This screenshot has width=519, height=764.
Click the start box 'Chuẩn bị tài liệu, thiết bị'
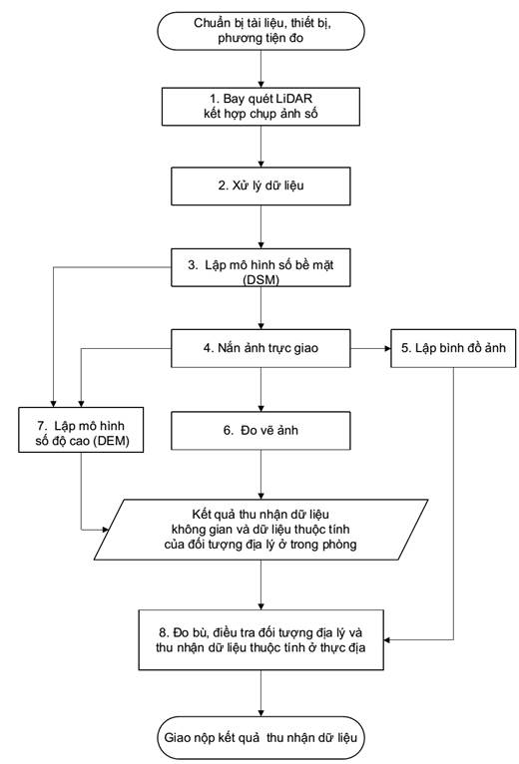point(260,31)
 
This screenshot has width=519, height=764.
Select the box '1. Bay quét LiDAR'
point(260,107)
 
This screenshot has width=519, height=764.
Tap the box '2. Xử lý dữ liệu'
point(260,187)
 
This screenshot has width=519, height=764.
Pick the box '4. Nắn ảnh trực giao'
point(260,348)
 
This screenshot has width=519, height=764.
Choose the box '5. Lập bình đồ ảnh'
point(453,348)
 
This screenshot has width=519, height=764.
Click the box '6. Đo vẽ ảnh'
point(260,430)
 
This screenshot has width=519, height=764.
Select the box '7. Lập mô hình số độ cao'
point(81,430)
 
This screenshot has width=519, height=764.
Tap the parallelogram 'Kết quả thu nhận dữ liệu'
point(260,530)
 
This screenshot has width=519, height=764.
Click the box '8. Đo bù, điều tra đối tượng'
point(260,639)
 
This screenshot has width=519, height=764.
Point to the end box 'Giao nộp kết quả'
point(260,738)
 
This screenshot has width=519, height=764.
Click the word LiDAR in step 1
point(294,99)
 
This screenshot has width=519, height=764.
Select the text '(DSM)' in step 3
point(260,280)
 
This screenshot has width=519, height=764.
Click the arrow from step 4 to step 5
point(370,348)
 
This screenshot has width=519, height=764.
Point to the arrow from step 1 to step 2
point(260,147)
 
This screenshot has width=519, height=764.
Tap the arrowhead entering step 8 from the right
point(387,639)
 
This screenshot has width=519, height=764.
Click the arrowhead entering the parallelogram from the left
point(104,530)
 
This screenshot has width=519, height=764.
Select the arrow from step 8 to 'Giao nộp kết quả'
point(260,693)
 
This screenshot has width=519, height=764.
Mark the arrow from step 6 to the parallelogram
point(260,474)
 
